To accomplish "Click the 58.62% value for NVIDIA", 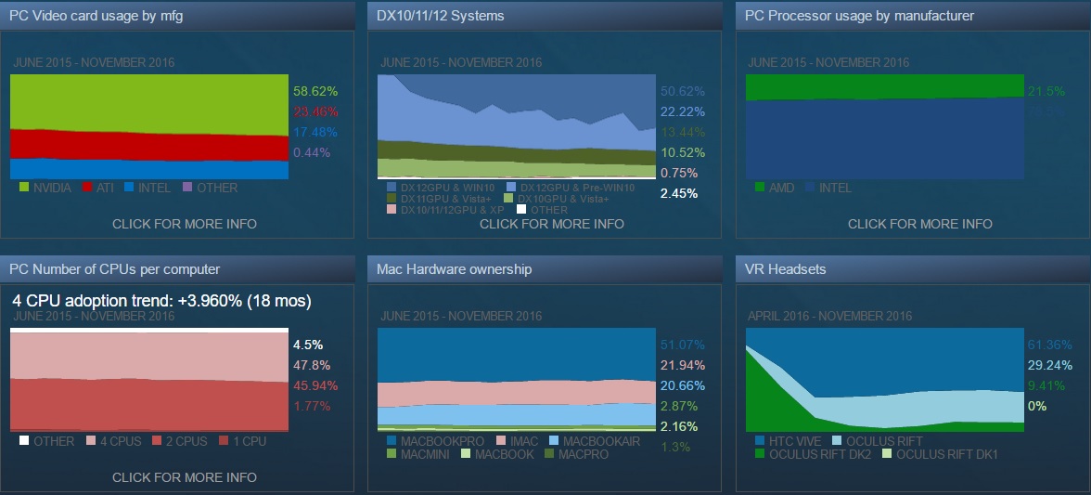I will coord(314,92).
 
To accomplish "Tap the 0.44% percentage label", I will coord(311,152).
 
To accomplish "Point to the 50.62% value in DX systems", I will coord(682,92).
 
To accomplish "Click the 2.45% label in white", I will coord(678,193).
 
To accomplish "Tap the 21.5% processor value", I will coord(1046,92).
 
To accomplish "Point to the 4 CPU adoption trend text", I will coord(161,301).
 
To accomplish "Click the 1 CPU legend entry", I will coord(244,441).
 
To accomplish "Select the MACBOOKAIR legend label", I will coord(601,441).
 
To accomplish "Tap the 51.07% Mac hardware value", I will coord(682,345).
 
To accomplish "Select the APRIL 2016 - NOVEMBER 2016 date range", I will coord(829,316).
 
